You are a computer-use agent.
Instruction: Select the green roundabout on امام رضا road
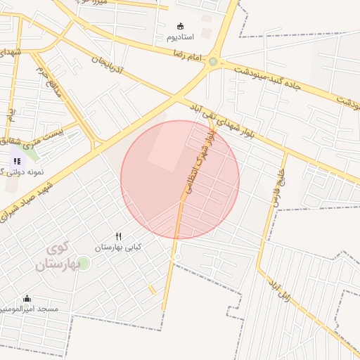213,62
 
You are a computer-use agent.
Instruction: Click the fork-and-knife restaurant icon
118,237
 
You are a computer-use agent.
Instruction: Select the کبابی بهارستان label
118,247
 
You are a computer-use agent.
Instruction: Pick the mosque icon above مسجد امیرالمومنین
27,298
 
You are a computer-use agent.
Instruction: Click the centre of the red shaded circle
180,180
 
